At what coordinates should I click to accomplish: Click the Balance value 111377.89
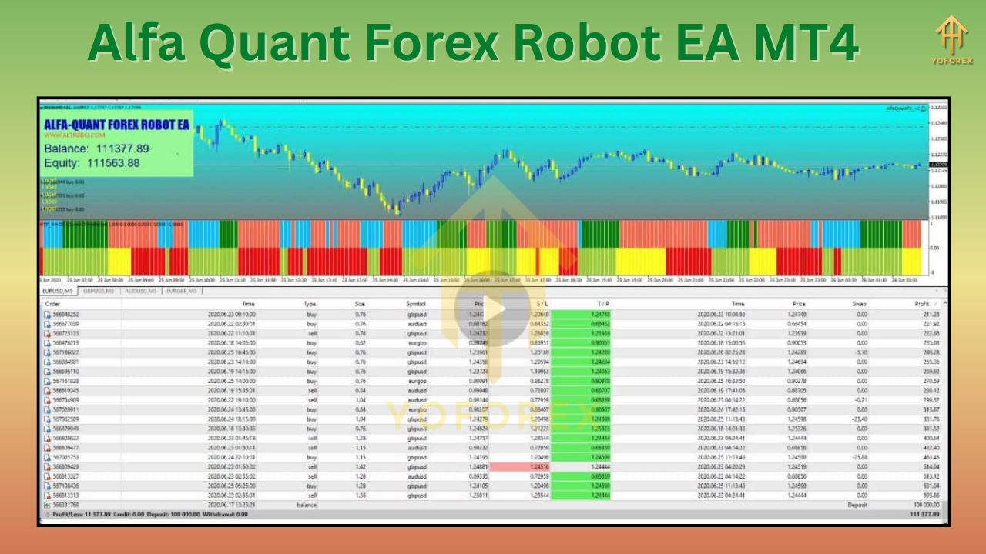pyautogui.click(x=118, y=149)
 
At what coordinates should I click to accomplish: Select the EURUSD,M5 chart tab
pyautogui.click(x=59, y=291)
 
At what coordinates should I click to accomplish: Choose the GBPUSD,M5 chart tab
pyautogui.click(x=99, y=291)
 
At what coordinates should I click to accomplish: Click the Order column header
pyautogui.click(x=55, y=304)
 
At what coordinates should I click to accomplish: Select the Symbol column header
pyautogui.click(x=416, y=304)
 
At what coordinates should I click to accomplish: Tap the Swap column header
pyautogui.click(x=859, y=304)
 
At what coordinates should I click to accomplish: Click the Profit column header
pyautogui.click(x=922, y=304)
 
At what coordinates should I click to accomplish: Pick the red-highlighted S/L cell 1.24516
pyautogui.click(x=540, y=466)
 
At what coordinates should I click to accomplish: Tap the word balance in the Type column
pyautogui.click(x=307, y=505)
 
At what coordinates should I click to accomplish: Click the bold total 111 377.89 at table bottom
pyautogui.click(x=924, y=514)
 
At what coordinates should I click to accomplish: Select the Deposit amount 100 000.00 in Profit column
pyautogui.click(x=924, y=505)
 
